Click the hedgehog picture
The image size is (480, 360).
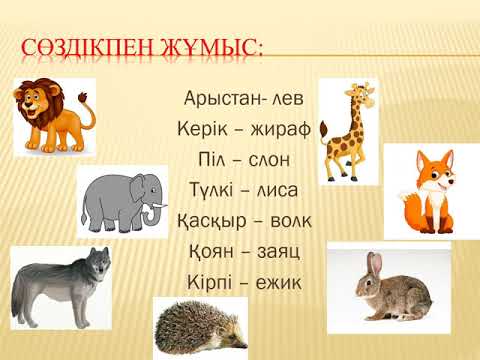click(200, 330)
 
